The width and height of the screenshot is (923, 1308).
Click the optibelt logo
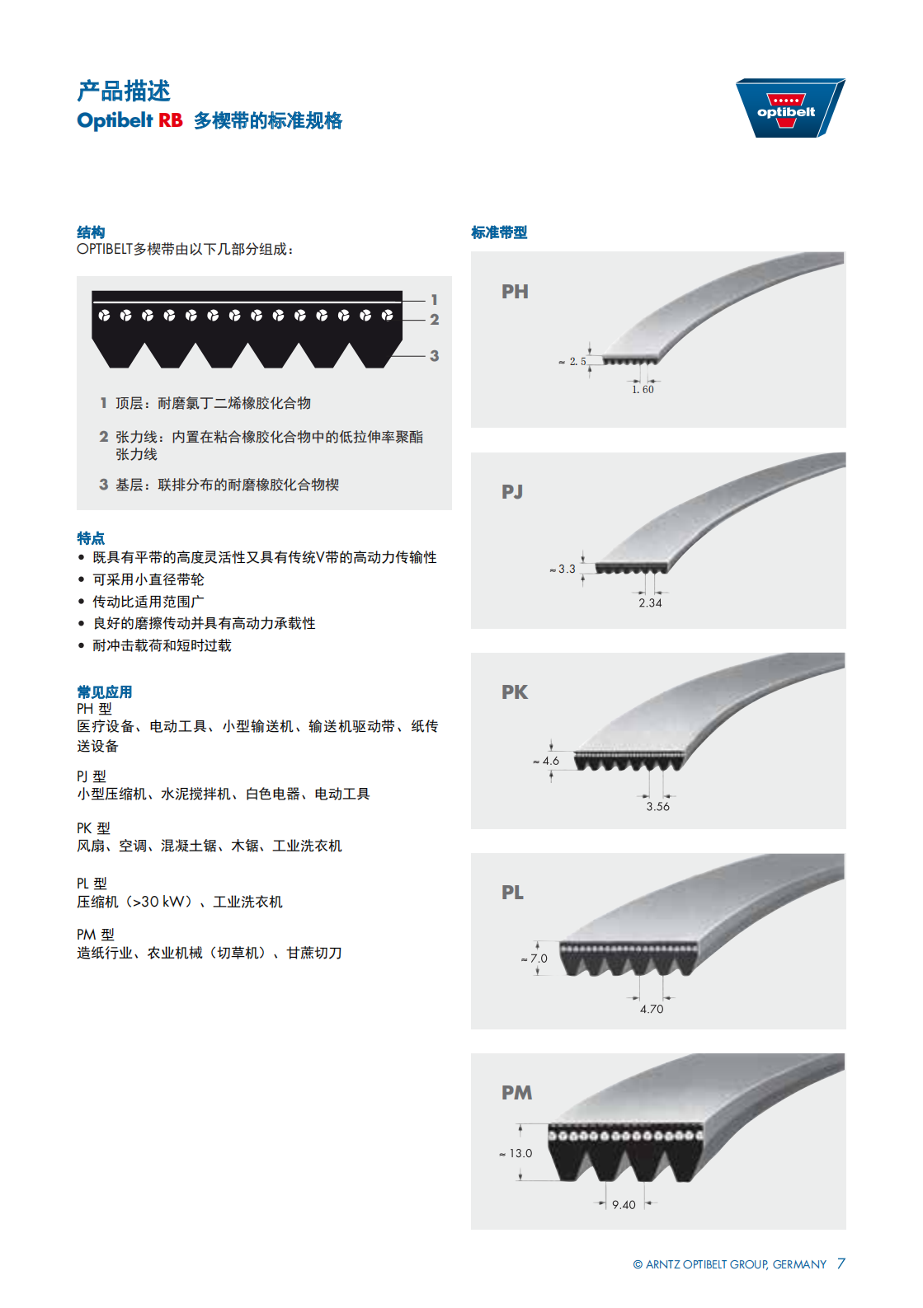[x=789, y=108]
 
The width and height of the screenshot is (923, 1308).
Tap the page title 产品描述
[x=124, y=91]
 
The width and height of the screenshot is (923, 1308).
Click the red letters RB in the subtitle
[x=171, y=120]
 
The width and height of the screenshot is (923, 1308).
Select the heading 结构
[x=91, y=232]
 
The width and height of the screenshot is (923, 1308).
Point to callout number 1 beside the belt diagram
[x=434, y=299]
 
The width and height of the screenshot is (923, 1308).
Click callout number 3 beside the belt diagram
[x=434, y=355]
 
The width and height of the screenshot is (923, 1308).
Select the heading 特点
[x=91, y=538]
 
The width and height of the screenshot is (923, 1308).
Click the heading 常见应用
[x=105, y=692]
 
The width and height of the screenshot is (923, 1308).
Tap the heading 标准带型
[x=499, y=232]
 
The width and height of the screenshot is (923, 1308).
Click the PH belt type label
[x=515, y=292]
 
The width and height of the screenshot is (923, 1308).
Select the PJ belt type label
[x=512, y=492]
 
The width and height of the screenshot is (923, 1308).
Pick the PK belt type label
[x=515, y=692]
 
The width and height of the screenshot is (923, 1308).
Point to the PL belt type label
[x=513, y=893]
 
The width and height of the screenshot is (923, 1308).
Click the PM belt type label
[x=516, y=1093]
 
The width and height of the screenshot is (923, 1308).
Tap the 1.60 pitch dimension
[x=643, y=390]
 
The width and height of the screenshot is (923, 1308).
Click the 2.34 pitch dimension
[x=650, y=603]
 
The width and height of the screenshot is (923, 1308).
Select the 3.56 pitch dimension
[x=657, y=806]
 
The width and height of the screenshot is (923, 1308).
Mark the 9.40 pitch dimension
[x=624, y=1205]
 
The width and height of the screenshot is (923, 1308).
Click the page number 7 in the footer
[x=841, y=1263]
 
